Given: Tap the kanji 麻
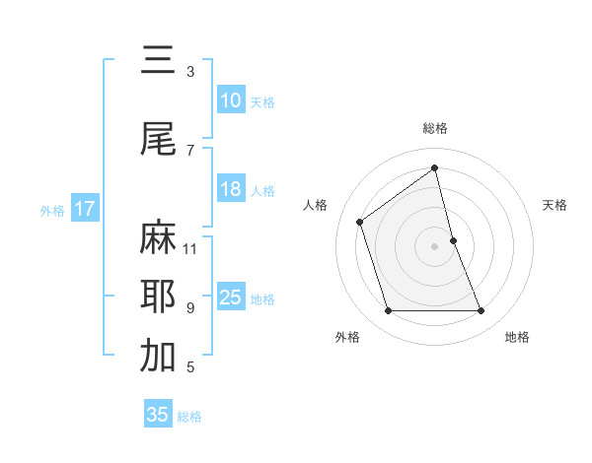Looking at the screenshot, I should point(158,237).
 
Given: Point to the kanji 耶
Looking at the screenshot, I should point(158,297).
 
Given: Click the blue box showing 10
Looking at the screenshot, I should point(231,100).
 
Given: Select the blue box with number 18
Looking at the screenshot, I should point(231,189).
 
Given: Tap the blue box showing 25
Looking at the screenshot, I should point(231,298).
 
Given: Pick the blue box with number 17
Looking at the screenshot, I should point(84,209).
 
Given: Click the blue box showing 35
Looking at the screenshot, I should point(158,415).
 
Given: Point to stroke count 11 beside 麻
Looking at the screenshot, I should point(190,248).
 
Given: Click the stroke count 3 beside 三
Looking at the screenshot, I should point(190,72).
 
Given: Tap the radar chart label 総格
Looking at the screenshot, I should point(435,128).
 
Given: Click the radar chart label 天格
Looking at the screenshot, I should point(555,205).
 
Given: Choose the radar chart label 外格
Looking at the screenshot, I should point(347,337).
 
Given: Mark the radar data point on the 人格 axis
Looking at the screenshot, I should point(360,222).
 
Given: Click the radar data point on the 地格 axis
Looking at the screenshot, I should point(481,311).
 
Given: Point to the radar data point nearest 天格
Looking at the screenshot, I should point(453,239).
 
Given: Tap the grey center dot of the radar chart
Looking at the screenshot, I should point(435,245).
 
